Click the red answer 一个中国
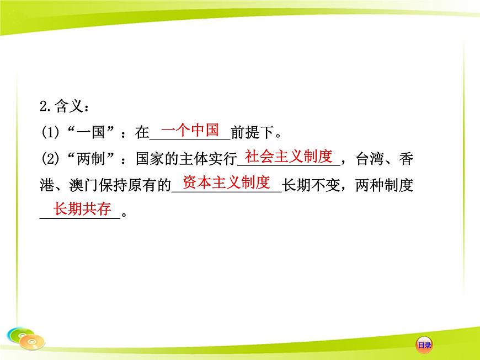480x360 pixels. point(190,130)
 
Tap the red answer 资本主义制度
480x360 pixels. point(226,182)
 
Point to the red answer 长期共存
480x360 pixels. point(82,209)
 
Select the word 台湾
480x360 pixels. point(370,159)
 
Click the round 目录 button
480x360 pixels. point(424,345)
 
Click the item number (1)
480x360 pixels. point(51,133)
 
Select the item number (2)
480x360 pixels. point(51,159)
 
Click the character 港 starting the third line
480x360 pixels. point(47,185)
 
